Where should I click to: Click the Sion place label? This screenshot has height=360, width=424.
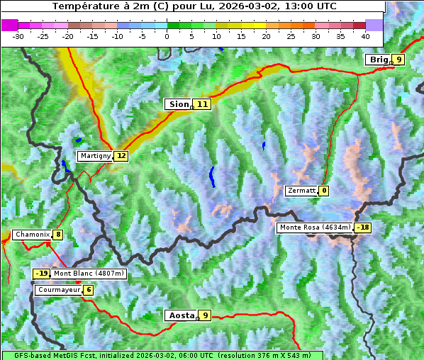click(x=178, y=104)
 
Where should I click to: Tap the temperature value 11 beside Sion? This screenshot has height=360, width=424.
click(x=202, y=104)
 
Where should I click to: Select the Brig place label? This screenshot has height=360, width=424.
click(x=378, y=60)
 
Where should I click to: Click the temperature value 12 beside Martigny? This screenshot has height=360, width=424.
click(x=121, y=156)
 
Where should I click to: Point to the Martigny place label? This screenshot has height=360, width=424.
click(x=95, y=156)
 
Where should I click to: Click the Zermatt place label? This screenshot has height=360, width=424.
click(x=301, y=191)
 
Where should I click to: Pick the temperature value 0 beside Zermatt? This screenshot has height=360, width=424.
click(x=324, y=191)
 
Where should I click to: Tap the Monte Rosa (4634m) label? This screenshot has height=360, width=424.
click(x=315, y=227)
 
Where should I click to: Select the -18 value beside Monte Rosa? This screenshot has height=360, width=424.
click(x=363, y=227)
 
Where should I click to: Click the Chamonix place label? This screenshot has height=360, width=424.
click(x=31, y=235)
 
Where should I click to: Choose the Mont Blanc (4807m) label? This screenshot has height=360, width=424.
click(x=89, y=274)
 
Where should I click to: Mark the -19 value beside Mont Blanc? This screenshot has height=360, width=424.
click(x=42, y=274)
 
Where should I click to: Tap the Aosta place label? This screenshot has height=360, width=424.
click(x=180, y=315)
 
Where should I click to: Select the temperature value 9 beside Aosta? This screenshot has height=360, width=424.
click(x=205, y=315)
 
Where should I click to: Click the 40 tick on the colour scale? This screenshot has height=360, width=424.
click(x=365, y=35)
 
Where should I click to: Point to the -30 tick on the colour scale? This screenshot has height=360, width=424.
click(x=18, y=35)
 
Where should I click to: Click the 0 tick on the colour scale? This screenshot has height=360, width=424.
click(x=167, y=35)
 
